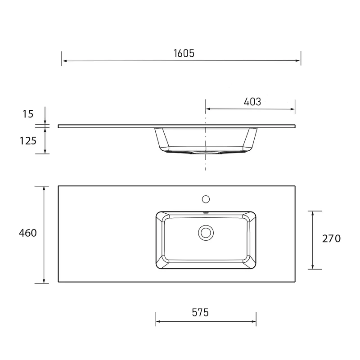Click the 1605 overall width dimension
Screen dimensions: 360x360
(184, 53)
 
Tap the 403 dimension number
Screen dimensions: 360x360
(252, 102)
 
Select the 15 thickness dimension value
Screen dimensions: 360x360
(28, 114)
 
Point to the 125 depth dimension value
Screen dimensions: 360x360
(28, 141)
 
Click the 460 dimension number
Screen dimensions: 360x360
(28, 233)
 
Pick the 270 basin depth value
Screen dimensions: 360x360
(331, 239)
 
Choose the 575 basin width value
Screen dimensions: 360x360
(200, 312)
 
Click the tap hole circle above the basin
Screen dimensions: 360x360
(206, 199)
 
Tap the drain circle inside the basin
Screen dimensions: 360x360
(206, 233)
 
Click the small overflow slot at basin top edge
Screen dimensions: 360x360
(206, 213)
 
